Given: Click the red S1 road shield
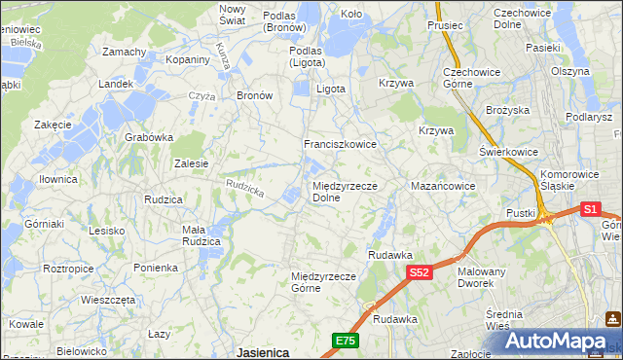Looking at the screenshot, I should tap(590, 208).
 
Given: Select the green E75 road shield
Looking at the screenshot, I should tap(345, 340).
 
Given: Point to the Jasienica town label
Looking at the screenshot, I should tap(262, 352).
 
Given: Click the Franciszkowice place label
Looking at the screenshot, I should tap(340, 144).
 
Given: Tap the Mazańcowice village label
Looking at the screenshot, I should tap(443, 185).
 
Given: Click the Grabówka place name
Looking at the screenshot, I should tap(148, 137).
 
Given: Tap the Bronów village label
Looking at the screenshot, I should tap(255, 96).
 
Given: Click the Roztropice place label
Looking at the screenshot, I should tap(69, 267).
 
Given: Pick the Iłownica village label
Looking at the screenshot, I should tap(57, 180).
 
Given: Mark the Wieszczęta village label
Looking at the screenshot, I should tap(108, 300).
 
